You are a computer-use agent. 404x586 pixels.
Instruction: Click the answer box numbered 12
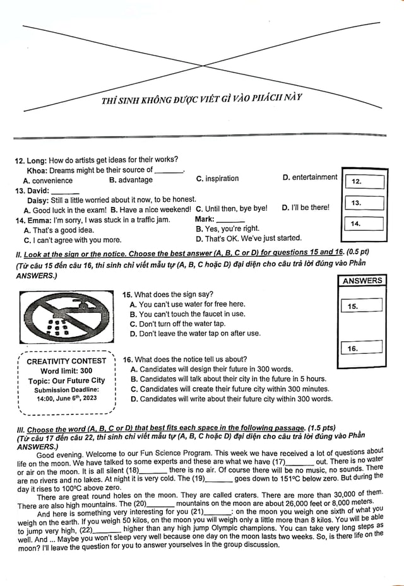(x=364, y=182)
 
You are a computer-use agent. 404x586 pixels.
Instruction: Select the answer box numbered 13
(x=364, y=203)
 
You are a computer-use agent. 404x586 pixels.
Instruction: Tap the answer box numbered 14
(x=364, y=223)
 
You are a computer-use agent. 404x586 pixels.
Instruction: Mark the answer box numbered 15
(x=361, y=306)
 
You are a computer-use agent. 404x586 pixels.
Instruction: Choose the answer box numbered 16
(x=361, y=348)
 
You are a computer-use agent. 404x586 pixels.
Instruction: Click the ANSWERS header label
(x=362, y=281)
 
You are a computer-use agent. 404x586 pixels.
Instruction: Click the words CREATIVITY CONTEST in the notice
(x=66, y=361)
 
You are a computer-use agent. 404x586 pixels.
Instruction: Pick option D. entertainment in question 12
(x=310, y=178)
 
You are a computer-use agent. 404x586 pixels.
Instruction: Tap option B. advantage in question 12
(x=131, y=180)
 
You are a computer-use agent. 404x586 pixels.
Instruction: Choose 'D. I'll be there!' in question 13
(x=306, y=208)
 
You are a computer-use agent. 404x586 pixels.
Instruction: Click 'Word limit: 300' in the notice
(x=66, y=371)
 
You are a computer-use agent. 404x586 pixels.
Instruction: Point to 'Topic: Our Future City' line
(x=66, y=381)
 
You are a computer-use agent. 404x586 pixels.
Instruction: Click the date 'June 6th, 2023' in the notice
(x=76, y=399)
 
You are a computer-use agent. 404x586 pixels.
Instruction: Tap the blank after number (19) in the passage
(x=219, y=479)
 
